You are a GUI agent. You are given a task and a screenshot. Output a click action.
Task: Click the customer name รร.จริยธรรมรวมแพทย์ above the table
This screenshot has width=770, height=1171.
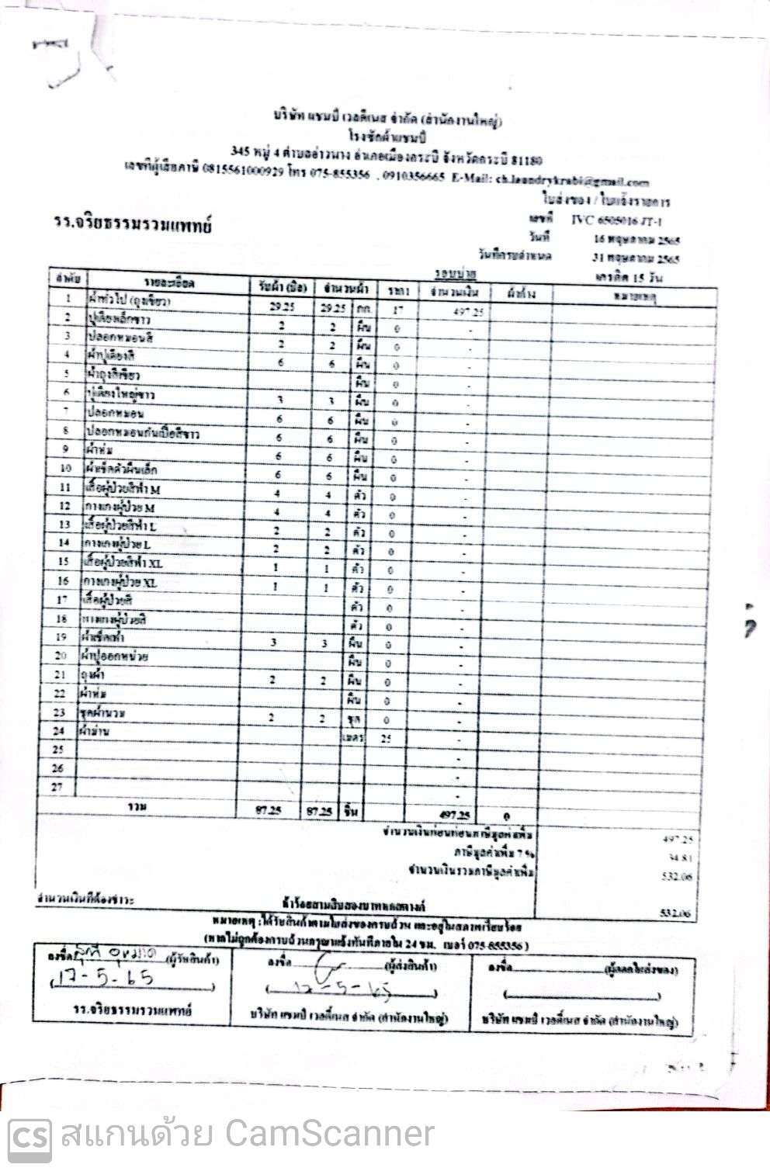pyautogui.click(x=133, y=226)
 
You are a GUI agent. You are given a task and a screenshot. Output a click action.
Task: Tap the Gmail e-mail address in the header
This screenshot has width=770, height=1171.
pyautogui.click(x=573, y=182)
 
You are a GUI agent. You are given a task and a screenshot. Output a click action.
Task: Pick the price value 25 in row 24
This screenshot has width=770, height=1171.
pyautogui.click(x=387, y=738)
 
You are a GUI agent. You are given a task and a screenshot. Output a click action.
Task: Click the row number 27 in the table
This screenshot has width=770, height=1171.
pyautogui.click(x=57, y=787)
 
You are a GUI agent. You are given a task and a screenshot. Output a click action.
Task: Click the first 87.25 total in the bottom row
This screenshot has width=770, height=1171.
pyautogui.click(x=269, y=810)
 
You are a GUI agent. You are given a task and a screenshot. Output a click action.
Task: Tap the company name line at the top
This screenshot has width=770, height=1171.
pyautogui.click(x=387, y=120)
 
